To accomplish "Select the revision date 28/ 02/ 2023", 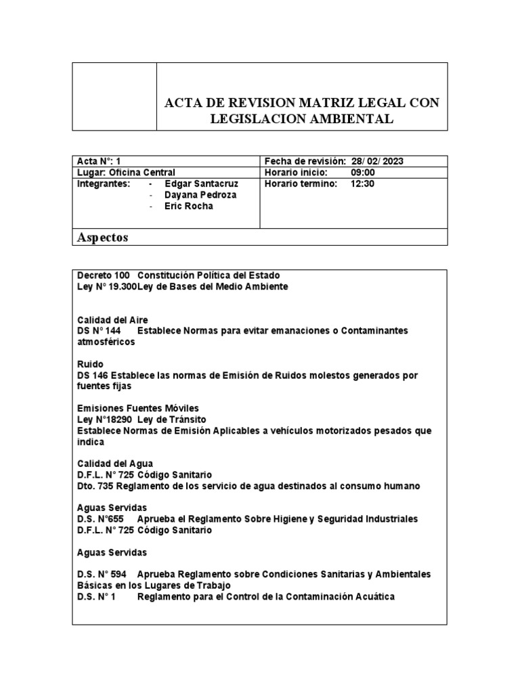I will coord(378,161).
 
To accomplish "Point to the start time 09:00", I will coord(362,173).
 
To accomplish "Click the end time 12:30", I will coord(362,184).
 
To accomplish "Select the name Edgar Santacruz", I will coord(201,184).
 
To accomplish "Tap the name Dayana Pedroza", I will coord(200,196).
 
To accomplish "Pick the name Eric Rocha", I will coord(188,206).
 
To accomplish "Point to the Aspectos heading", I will coord(103,238).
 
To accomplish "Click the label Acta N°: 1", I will coord(99,161).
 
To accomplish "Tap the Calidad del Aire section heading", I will coord(112,319).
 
